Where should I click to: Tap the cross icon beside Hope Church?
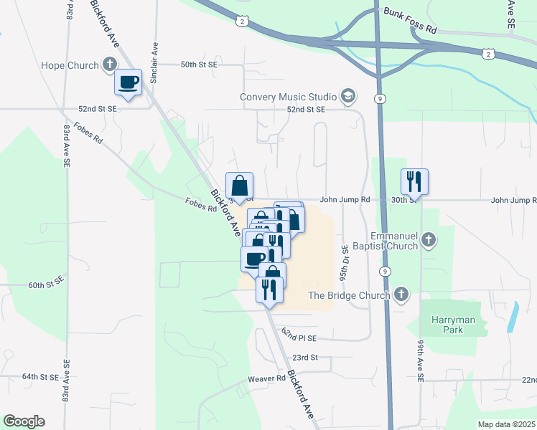point(109,65)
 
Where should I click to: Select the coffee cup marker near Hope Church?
point(129,83)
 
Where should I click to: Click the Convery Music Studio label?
point(290,97)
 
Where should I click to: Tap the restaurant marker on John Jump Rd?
point(414,181)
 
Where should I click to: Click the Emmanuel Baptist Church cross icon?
point(429,240)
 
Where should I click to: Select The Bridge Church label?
point(349,295)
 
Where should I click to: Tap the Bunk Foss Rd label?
point(409,13)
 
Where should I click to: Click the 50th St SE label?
point(199,64)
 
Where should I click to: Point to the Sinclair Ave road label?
point(154,57)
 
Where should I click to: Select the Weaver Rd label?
point(266,378)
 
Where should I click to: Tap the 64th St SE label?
point(39,376)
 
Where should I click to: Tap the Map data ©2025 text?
point(505,424)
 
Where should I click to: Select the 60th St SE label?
point(47,285)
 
